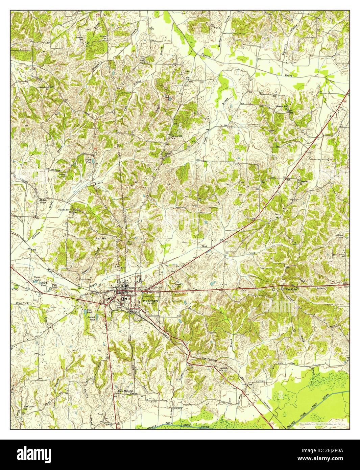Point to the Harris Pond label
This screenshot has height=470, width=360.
point(37,279)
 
